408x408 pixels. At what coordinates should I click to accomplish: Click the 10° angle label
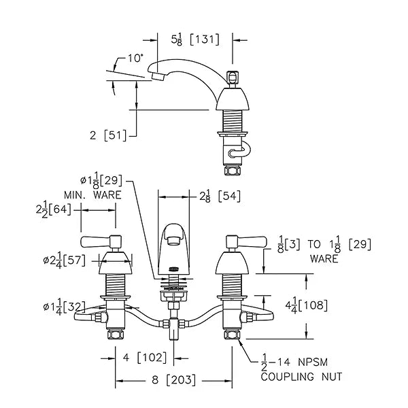point(135,58)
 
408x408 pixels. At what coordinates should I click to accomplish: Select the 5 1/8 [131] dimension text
point(195,40)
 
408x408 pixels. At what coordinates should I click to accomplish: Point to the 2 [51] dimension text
point(108,135)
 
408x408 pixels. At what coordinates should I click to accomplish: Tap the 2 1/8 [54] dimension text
point(220,197)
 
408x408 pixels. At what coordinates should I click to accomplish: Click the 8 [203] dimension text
point(173,380)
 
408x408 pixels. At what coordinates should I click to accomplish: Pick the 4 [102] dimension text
point(145,358)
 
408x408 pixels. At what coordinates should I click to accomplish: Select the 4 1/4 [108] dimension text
point(306,306)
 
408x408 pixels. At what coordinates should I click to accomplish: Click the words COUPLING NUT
point(301,377)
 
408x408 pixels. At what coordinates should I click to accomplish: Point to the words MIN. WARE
point(92,195)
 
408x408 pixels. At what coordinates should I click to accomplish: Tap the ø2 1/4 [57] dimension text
point(65,261)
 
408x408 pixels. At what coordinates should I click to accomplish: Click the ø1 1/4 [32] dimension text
point(65,307)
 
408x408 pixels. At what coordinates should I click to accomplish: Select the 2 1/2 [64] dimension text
point(53,210)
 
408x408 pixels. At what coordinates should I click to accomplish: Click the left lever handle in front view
point(101,241)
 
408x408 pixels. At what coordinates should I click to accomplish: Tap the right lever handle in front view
point(246,241)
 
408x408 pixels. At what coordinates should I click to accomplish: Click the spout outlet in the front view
point(173,241)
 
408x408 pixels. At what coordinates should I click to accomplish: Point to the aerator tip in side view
point(158,77)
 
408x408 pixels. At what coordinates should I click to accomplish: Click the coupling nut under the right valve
point(232,335)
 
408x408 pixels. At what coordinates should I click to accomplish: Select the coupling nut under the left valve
point(116,335)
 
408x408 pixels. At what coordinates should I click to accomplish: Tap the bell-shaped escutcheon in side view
point(233,99)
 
